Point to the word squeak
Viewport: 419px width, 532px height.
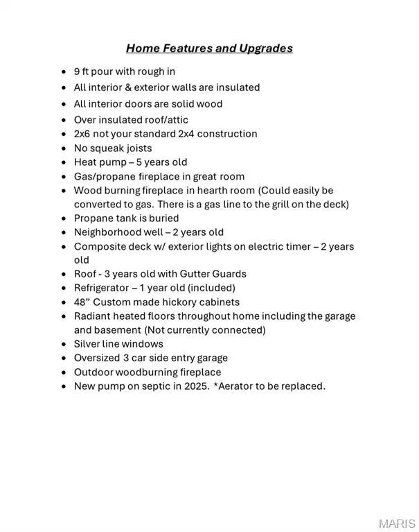point(109,148)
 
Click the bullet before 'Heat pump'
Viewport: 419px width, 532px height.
point(64,162)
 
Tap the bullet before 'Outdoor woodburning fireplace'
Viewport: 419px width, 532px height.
point(64,372)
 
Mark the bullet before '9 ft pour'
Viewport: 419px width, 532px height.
point(64,71)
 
